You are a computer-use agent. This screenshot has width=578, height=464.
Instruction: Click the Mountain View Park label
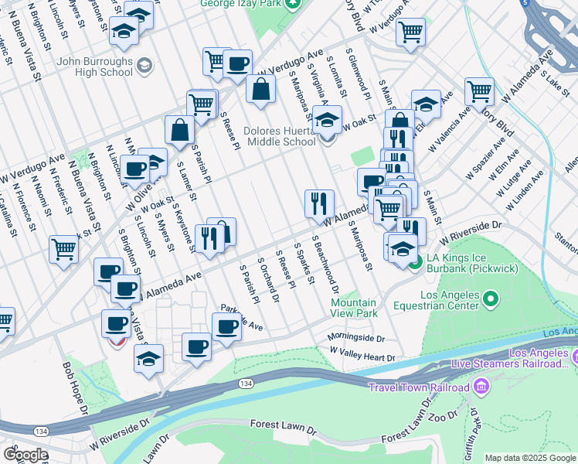pos(354,308)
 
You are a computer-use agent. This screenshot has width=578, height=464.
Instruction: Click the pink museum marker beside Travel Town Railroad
pos(482,385)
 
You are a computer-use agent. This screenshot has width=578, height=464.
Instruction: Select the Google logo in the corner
pos(25,454)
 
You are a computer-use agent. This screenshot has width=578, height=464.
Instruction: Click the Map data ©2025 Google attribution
pos(530,458)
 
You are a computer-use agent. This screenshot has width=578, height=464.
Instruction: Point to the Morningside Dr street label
pos(355,337)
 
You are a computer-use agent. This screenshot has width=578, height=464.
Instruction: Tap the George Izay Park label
pos(239,4)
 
